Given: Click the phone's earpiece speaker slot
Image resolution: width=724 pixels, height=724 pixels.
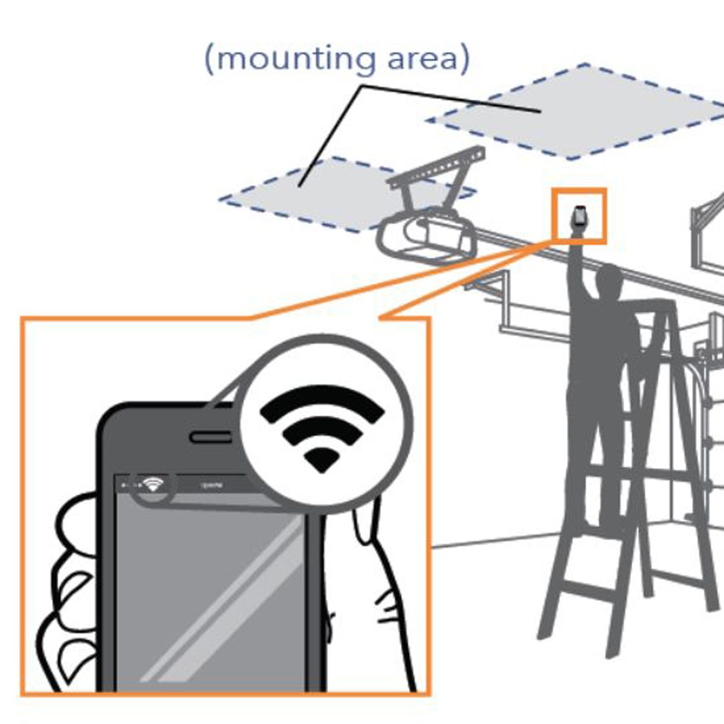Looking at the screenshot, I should tap(211, 436).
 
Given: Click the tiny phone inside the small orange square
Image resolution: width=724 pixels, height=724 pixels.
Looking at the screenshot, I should tap(579, 216).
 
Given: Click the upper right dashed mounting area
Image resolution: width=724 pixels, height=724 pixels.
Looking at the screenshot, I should tap(579, 112).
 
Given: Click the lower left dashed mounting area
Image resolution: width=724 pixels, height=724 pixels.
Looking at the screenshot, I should tap(314, 193).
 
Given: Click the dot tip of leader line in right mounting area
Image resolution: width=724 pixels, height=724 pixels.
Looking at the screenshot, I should tap(539, 111).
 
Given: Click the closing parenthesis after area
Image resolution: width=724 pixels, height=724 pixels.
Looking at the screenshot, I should tap(463, 59).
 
